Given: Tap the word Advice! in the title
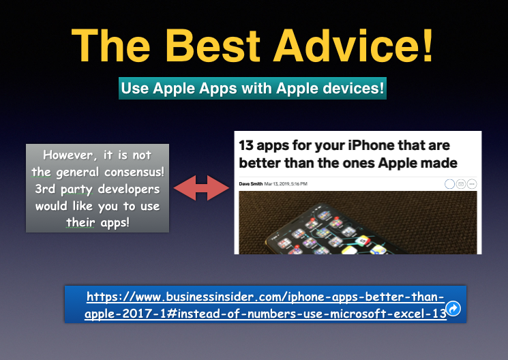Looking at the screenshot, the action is (353, 46).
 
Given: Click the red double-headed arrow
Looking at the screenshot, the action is (201, 188).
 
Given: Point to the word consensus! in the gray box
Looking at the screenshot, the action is (134, 172).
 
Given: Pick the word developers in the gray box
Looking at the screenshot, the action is (129, 189).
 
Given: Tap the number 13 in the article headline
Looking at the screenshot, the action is (247, 145).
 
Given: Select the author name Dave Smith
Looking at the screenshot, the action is (251, 183).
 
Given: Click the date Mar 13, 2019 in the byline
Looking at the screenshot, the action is (277, 183).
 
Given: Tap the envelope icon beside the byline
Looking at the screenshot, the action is (461, 184).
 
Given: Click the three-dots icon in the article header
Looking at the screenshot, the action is (472, 184).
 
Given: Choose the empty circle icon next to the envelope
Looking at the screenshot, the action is (449, 184).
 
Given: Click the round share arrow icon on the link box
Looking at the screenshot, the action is (453, 308).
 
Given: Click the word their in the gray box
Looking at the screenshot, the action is (80, 222).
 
